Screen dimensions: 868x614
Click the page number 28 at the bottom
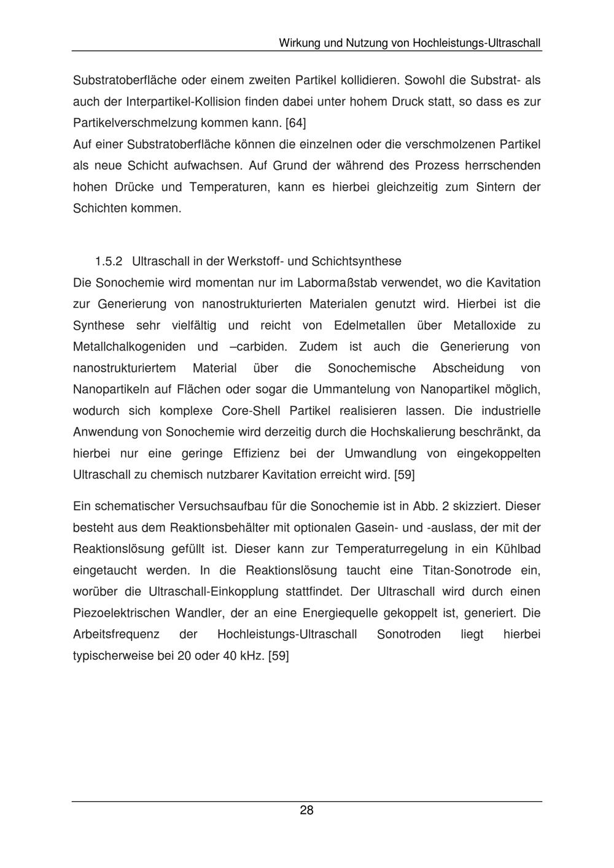[x=306, y=810]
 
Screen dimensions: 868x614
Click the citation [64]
[x=295, y=123]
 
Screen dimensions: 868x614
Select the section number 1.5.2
[x=109, y=262]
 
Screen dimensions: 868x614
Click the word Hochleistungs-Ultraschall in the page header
[x=476, y=44]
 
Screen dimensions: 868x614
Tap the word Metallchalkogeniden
[x=130, y=347]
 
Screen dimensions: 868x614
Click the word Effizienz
[x=256, y=454]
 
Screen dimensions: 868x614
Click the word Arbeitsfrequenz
[x=116, y=634]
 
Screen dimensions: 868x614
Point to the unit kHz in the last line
[x=251, y=656]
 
